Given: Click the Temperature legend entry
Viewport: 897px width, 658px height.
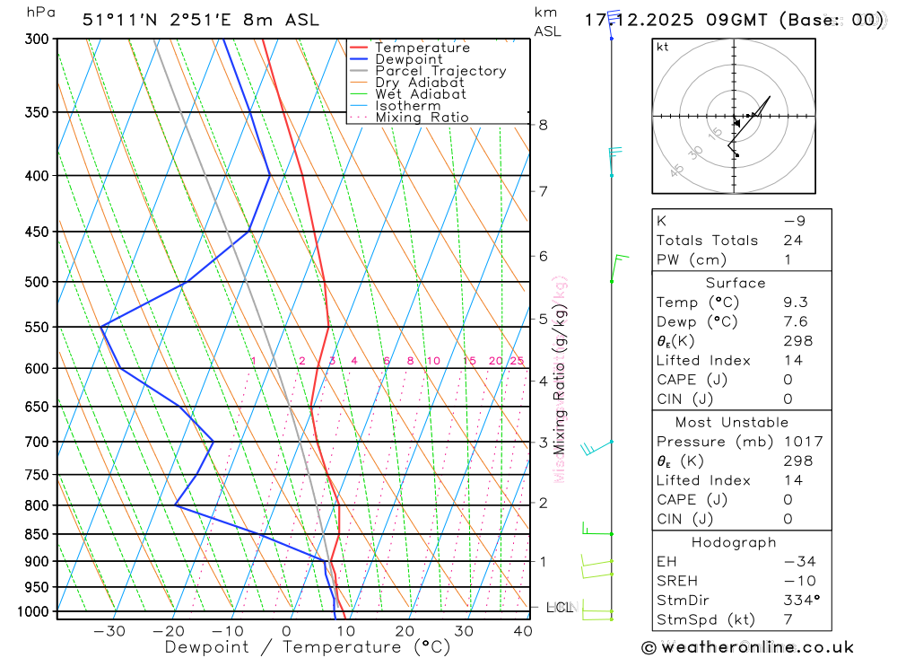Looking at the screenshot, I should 422,48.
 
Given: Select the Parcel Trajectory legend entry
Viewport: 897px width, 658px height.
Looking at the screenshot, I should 440,71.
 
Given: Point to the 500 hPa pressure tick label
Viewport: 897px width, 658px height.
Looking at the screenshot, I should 37,282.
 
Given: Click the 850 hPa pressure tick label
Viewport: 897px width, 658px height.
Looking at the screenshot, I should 37,534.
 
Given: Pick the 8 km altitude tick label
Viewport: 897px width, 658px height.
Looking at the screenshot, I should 544,125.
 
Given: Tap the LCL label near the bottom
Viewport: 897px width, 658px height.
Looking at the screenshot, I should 558,608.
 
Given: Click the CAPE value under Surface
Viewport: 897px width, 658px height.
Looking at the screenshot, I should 788,381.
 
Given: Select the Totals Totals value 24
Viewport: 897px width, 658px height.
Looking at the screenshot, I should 792,241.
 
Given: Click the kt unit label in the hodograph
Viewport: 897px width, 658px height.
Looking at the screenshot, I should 663,47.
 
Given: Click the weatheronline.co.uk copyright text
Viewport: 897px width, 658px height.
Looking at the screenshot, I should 748,647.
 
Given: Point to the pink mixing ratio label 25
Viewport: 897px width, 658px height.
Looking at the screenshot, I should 517,361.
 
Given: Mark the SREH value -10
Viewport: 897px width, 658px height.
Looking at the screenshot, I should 795,581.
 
